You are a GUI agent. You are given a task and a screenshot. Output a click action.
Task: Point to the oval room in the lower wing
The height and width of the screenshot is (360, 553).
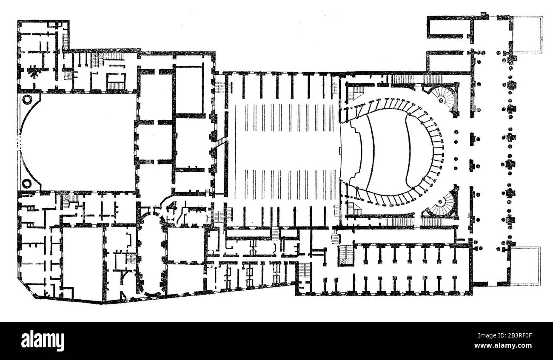pyautogui.click(x=151, y=255)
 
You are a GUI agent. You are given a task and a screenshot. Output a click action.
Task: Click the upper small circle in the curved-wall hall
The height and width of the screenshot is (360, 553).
pyautogui.click(x=27, y=100)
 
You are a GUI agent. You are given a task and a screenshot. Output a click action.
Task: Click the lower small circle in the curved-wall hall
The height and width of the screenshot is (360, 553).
pyautogui.click(x=27, y=184)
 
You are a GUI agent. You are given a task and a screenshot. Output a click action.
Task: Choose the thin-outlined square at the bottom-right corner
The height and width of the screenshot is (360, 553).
pyautogui.click(x=525, y=266)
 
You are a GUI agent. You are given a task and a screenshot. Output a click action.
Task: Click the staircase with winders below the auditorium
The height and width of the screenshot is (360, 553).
pyautogui.click(x=345, y=255)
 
